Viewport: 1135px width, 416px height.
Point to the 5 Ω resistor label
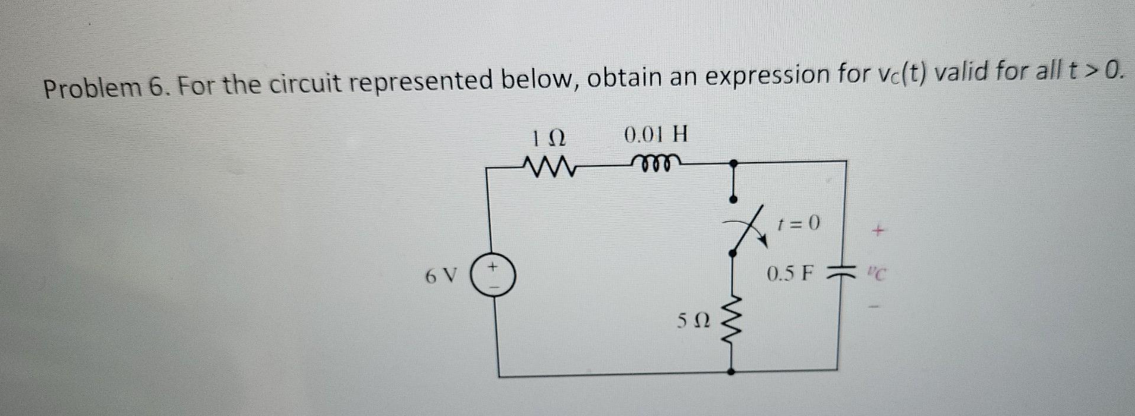click(x=692, y=322)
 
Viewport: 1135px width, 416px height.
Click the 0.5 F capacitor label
click(x=790, y=274)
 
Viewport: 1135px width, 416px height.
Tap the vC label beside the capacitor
click(x=878, y=274)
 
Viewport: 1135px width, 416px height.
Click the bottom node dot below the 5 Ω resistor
click(x=732, y=372)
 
